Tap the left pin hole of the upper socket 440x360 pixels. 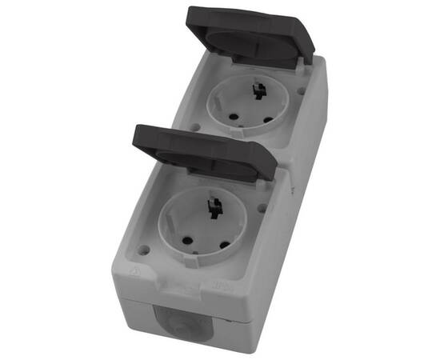tap(231, 116)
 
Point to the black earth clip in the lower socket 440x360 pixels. tap(215, 210)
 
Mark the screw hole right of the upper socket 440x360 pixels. tap(301, 90)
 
